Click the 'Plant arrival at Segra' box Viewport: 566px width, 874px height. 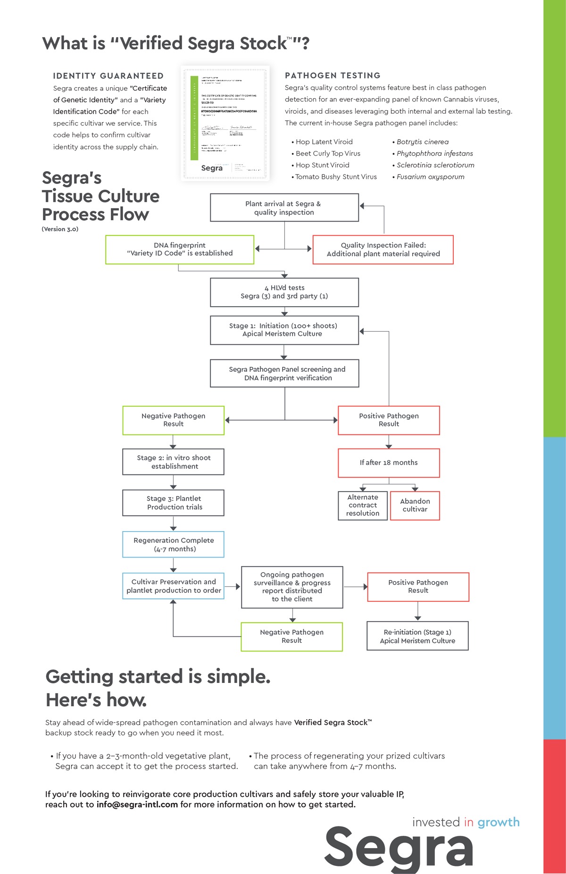tap(284, 208)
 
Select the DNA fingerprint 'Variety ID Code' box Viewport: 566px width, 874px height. tap(180, 250)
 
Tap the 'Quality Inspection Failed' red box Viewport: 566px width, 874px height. tap(383, 250)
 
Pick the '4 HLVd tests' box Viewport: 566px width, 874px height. tap(284, 292)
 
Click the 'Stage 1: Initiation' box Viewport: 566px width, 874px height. tap(284, 330)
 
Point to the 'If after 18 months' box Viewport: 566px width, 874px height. tap(389, 463)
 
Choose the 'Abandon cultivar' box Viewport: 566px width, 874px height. tap(415, 505)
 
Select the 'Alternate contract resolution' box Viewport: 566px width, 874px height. tap(363, 505)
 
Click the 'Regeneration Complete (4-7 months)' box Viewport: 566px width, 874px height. tap(173, 544)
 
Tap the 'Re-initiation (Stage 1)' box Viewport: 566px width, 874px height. tap(417, 636)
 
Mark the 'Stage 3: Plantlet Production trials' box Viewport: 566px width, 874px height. tap(173, 503)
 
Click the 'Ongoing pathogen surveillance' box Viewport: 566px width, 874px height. tap(292, 587)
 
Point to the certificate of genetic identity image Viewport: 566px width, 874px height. tap(225, 123)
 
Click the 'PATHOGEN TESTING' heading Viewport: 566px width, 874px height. tap(333, 75)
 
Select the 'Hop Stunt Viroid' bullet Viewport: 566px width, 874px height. tap(323, 165)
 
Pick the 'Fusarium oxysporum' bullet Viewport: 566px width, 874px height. tap(430, 177)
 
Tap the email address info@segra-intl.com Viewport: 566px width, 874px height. tap(137, 805)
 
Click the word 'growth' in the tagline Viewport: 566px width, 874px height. tap(498, 822)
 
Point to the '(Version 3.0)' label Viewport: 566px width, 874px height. tap(60, 229)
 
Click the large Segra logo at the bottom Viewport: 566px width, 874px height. tap(399, 848)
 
